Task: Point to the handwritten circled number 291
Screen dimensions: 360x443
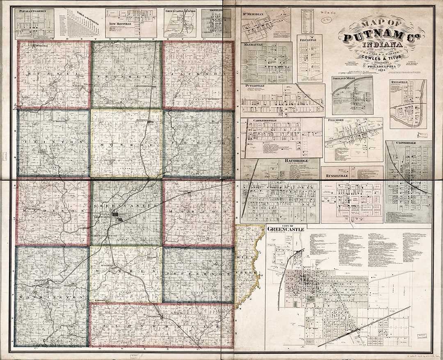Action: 327,19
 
